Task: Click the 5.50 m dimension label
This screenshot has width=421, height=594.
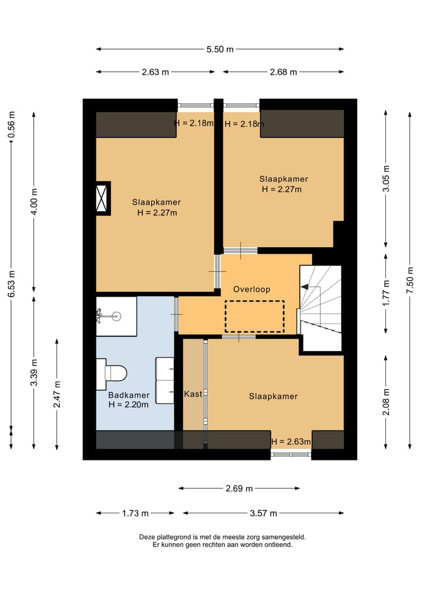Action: click(x=220, y=49)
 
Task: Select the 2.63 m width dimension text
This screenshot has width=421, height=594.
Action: click(x=156, y=72)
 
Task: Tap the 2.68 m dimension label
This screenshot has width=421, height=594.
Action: click(x=284, y=72)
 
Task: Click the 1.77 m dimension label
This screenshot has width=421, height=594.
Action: click(x=386, y=293)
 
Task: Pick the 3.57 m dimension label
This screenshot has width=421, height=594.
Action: click(x=263, y=513)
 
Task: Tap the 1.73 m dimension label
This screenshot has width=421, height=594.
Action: click(x=136, y=513)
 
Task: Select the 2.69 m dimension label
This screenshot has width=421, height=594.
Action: click(x=239, y=489)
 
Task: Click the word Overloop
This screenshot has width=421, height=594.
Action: click(x=251, y=290)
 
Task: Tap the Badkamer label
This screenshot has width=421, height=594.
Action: click(x=129, y=395)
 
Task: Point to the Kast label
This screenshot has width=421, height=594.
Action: click(x=193, y=394)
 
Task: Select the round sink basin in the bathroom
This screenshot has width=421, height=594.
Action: click(x=116, y=315)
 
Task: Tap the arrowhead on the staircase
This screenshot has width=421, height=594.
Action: click(x=304, y=287)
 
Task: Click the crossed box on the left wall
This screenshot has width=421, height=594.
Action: click(x=102, y=198)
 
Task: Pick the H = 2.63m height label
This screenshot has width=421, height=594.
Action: click(x=291, y=442)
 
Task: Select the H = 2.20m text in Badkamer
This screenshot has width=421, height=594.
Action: click(x=128, y=405)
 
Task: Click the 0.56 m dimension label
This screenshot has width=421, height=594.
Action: click(x=11, y=124)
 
